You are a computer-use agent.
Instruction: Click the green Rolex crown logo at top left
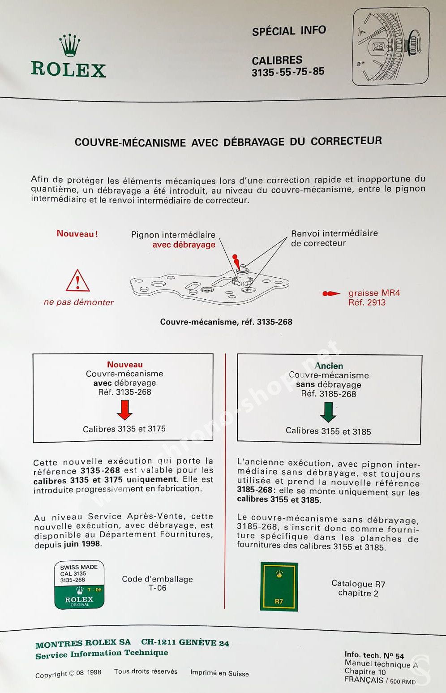click(x=70, y=46)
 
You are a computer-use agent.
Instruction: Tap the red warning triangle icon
click(x=77, y=281)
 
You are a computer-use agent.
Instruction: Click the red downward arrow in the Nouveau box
click(x=124, y=409)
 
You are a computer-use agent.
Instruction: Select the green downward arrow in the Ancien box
click(x=328, y=412)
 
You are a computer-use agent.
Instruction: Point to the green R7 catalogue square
click(x=279, y=586)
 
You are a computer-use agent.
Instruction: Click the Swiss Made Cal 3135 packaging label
click(x=79, y=585)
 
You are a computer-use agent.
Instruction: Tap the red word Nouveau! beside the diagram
click(x=77, y=233)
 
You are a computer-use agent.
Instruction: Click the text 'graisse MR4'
click(x=374, y=293)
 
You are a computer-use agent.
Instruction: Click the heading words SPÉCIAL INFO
click(x=289, y=31)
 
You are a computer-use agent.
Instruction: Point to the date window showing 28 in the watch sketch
click(x=378, y=47)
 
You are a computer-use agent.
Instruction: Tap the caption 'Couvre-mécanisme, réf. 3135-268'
click(x=226, y=322)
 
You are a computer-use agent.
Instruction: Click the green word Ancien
click(x=329, y=366)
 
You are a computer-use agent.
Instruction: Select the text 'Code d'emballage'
click(x=157, y=579)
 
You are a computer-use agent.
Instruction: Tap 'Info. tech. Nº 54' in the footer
click(x=374, y=655)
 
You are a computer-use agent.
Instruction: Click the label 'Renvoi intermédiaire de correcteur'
click(x=334, y=238)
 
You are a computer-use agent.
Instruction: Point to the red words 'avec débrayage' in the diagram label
click(x=184, y=245)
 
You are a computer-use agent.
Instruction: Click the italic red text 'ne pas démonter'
click(x=78, y=302)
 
